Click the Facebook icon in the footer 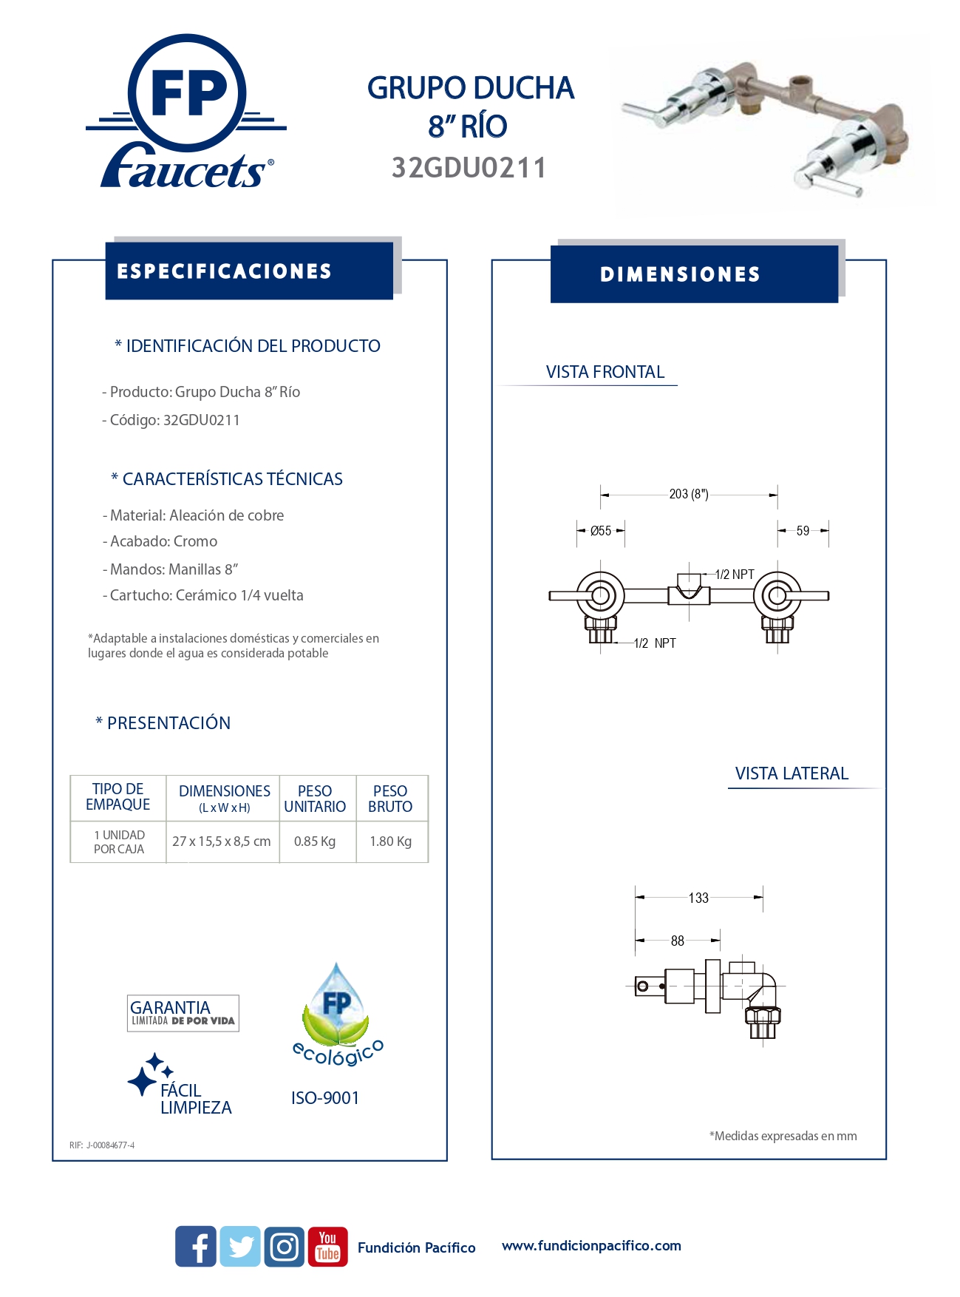coord(196,1246)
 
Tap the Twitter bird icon coord(240,1246)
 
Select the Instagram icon coord(285,1246)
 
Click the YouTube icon coord(327,1246)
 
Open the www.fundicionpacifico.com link coord(591,1245)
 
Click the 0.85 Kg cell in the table coord(315,841)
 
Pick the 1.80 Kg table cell coord(391,841)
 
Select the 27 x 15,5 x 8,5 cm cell coord(222,841)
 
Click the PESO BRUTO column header coord(391,799)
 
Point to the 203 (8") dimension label coord(689,494)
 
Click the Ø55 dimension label coord(601,531)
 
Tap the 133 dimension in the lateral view coord(698,898)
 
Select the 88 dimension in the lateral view coord(678,941)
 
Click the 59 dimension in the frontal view coord(803,531)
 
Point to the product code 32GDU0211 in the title coord(469,168)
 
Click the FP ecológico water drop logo coord(337,1013)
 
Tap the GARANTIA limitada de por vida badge coord(183,1013)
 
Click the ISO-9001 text coord(325,1098)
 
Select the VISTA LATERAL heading coord(792,773)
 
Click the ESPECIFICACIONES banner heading coord(225,271)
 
